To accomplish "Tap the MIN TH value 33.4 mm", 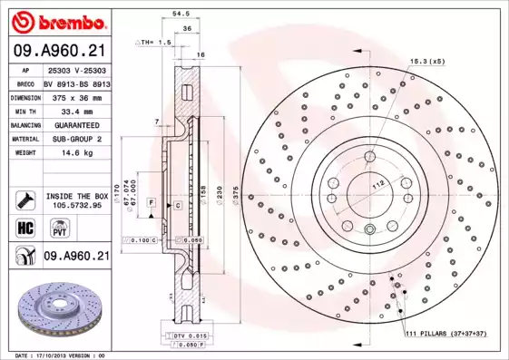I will (x=76, y=110).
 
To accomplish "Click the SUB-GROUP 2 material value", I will (x=76, y=139).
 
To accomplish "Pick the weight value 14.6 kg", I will (x=76, y=153).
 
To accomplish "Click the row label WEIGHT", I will (x=24, y=153).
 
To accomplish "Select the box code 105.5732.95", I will (x=77, y=205).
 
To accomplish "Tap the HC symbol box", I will (x=24, y=228).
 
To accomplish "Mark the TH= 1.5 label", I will (x=155, y=43).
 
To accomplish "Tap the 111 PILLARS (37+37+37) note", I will (x=445, y=334).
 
